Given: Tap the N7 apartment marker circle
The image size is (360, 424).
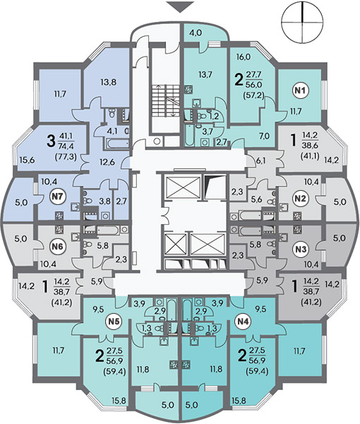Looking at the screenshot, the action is (x=59, y=196).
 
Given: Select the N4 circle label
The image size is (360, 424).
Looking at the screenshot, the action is (x=244, y=322).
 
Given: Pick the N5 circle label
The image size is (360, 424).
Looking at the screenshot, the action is (x=114, y=322).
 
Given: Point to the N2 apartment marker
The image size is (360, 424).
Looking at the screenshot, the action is (x=301, y=199).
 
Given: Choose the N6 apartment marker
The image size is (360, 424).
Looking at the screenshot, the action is (x=59, y=247).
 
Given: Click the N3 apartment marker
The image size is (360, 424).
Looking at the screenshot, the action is (x=301, y=249).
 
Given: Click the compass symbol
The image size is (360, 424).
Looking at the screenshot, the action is (x=302, y=21).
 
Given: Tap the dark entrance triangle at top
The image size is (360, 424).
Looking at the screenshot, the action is (x=180, y=6).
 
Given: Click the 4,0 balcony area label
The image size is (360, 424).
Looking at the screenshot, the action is (x=196, y=33).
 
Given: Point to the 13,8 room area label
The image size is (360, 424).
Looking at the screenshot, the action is (x=109, y=82).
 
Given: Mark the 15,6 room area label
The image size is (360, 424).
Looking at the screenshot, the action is (x=26, y=160).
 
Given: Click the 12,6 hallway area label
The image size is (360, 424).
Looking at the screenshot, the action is (x=107, y=162).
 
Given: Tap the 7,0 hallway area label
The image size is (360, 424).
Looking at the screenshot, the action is (x=264, y=136).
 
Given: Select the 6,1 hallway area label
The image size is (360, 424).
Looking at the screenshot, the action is (x=260, y=160).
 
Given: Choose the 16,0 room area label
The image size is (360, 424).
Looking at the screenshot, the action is (x=244, y=57).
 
